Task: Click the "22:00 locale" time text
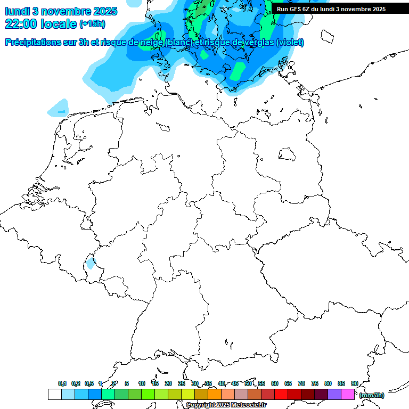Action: [x=40, y=23]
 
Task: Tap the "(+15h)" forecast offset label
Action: [x=92, y=24]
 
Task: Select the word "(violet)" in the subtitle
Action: [x=290, y=42]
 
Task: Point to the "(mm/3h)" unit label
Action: [x=371, y=395]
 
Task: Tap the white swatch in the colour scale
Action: [x=54, y=395]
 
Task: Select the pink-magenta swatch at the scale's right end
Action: [x=348, y=395]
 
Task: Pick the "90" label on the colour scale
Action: [x=355, y=383]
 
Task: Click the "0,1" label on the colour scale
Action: [x=62, y=383]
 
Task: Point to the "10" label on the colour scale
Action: [x=142, y=383]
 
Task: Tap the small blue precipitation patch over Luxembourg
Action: [x=90, y=263]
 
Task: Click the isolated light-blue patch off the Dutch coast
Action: [x=58, y=109]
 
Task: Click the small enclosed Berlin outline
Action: [x=288, y=154]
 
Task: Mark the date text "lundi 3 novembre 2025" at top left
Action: [x=55, y=11]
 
